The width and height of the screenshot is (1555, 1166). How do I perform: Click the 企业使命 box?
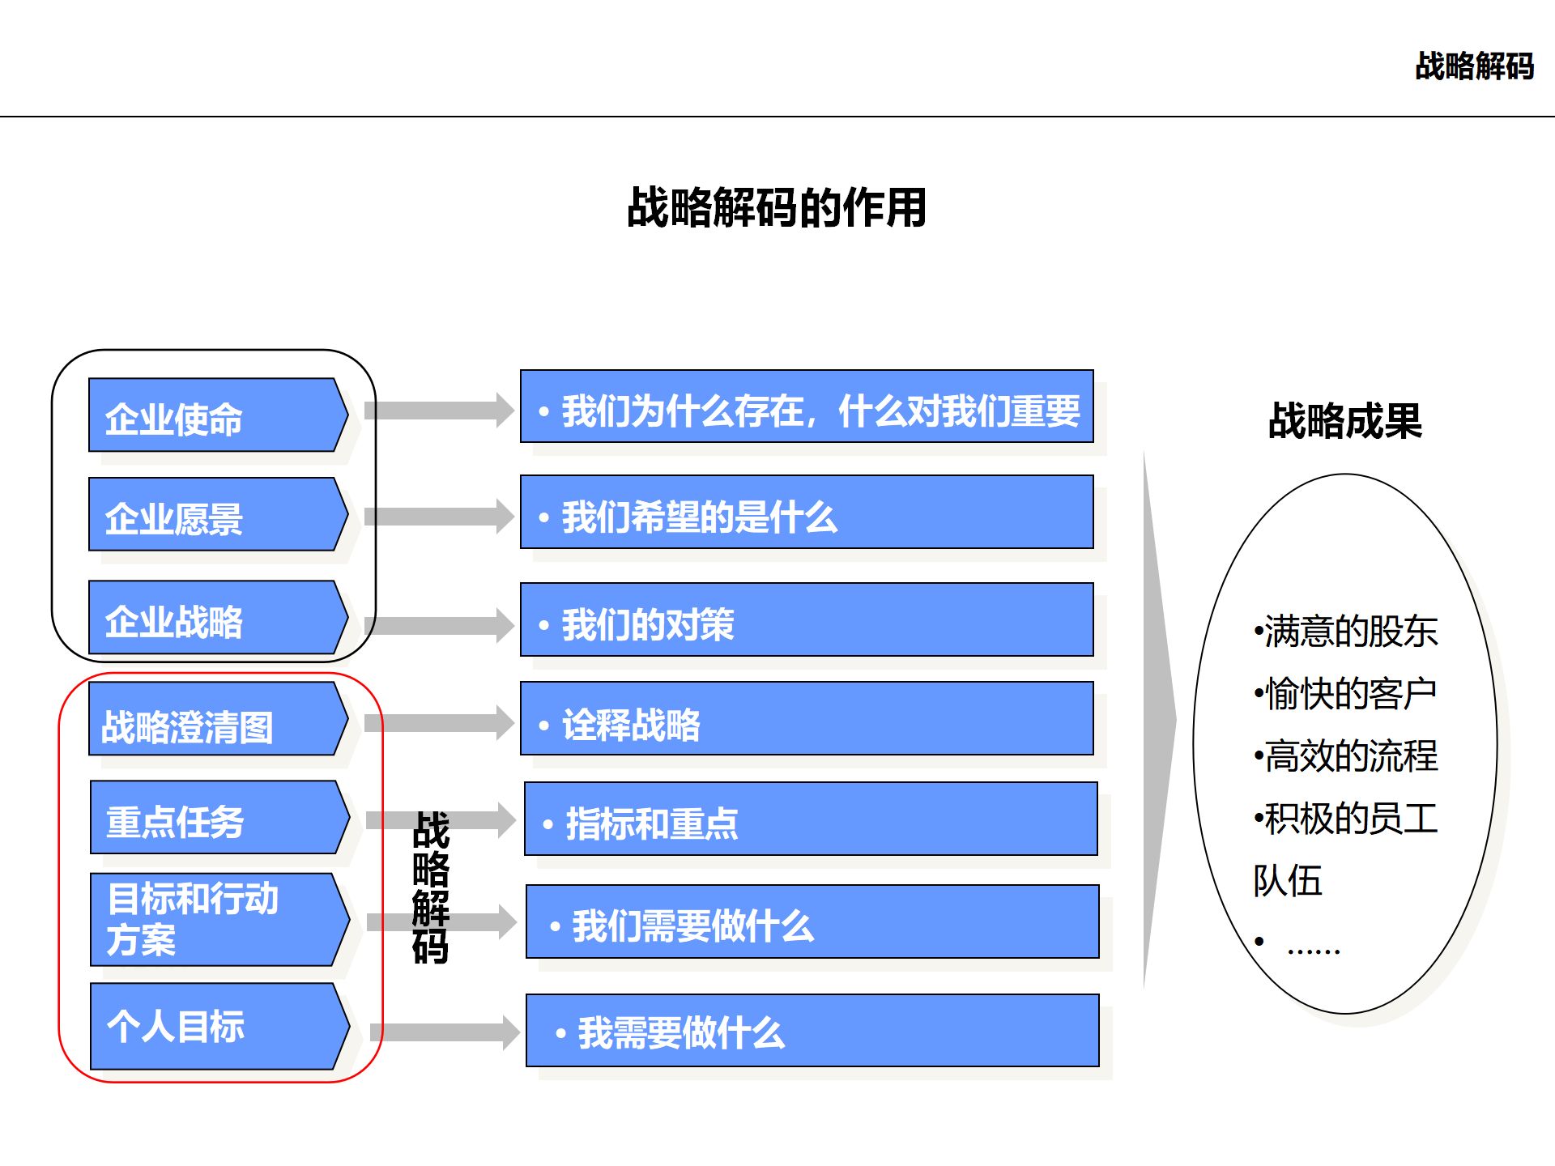[x=215, y=415]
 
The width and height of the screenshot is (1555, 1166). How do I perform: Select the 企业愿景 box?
[x=215, y=515]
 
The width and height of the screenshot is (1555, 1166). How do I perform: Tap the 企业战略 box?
[x=215, y=618]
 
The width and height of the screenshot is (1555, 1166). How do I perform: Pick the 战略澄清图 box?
[x=215, y=720]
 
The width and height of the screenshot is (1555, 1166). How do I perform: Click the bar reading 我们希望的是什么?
[x=807, y=513]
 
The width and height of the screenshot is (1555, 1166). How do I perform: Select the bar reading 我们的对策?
[x=807, y=620]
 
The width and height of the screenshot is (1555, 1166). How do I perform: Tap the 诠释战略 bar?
[x=807, y=719]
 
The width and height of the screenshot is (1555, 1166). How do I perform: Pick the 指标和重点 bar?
[x=811, y=819]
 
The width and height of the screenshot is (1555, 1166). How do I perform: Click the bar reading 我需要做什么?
[x=812, y=1031]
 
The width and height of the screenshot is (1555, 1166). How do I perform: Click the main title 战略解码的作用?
[x=777, y=208]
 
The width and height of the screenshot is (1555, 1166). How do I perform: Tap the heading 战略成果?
[x=1344, y=421]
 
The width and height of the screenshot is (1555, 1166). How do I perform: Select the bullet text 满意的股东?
[x=1346, y=632]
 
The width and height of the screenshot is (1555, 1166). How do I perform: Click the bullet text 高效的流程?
[x=1346, y=756]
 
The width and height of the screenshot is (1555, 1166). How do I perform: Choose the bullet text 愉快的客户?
[x=1346, y=694]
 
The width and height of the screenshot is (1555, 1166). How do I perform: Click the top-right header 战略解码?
[x=1474, y=66]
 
